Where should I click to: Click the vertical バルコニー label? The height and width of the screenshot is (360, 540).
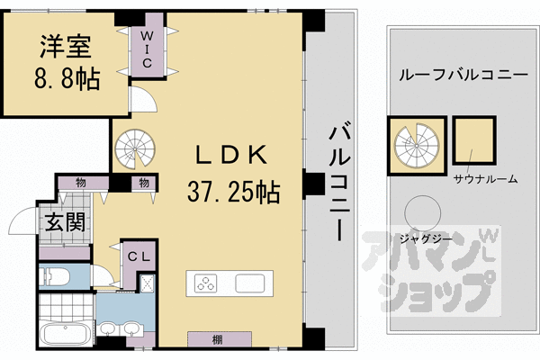(x=339, y=180)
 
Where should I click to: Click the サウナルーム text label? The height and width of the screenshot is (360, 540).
(x=486, y=178)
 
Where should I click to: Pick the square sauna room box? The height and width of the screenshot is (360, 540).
(x=473, y=140)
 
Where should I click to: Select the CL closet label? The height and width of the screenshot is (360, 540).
(x=138, y=256)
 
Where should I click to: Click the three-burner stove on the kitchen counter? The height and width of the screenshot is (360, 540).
(x=207, y=283)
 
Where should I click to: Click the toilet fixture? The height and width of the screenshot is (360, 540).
(x=57, y=276)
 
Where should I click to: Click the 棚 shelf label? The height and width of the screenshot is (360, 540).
(x=218, y=339)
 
